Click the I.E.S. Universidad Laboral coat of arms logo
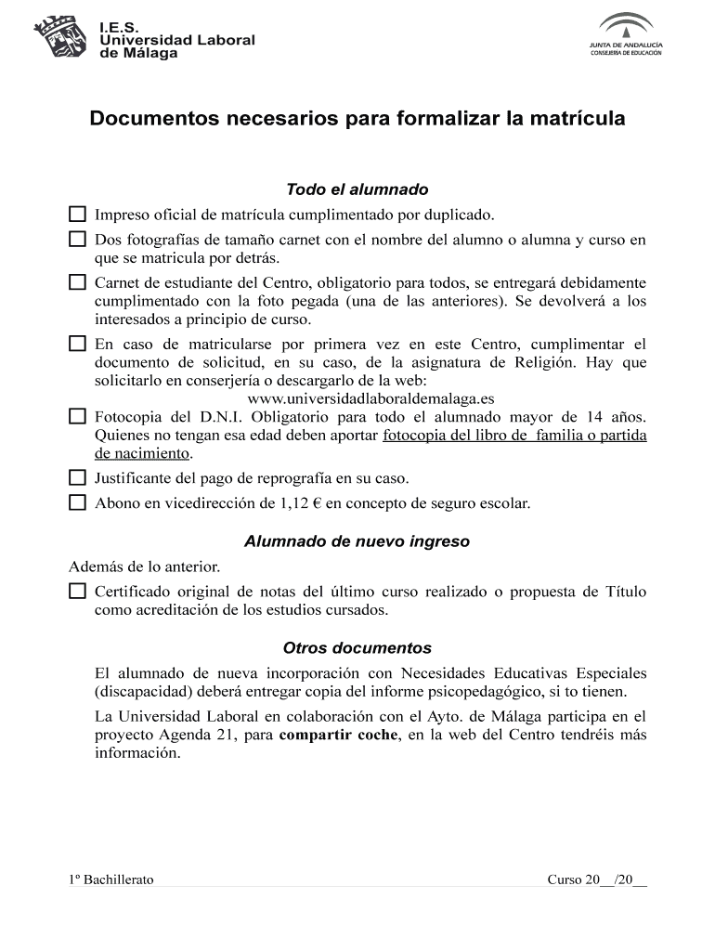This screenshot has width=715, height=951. click(x=62, y=36)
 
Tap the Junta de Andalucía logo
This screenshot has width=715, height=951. click(x=625, y=34)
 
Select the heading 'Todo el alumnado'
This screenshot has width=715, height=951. click(x=357, y=189)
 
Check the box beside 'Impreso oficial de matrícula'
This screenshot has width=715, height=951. click(x=77, y=215)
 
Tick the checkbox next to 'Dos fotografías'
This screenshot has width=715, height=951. click(x=77, y=240)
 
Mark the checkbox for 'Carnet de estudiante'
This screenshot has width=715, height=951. click(x=77, y=281)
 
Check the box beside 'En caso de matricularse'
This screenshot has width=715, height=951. click(x=77, y=344)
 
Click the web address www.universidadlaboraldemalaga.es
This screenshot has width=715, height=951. click(x=370, y=399)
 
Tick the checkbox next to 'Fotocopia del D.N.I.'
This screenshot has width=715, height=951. click(x=77, y=416)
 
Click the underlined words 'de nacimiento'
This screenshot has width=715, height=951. click(x=142, y=454)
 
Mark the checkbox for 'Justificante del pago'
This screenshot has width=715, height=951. click(x=77, y=478)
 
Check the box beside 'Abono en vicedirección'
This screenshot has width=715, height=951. click(x=77, y=503)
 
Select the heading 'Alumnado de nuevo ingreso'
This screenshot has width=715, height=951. click(x=357, y=541)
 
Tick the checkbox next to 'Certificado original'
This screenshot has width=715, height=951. click(x=77, y=592)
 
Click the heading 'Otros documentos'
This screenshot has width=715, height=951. click(x=357, y=648)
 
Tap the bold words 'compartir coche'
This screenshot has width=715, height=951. click(x=338, y=736)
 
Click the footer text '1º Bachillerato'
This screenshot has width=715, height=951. click(x=111, y=880)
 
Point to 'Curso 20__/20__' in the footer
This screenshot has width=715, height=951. click(x=596, y=880)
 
